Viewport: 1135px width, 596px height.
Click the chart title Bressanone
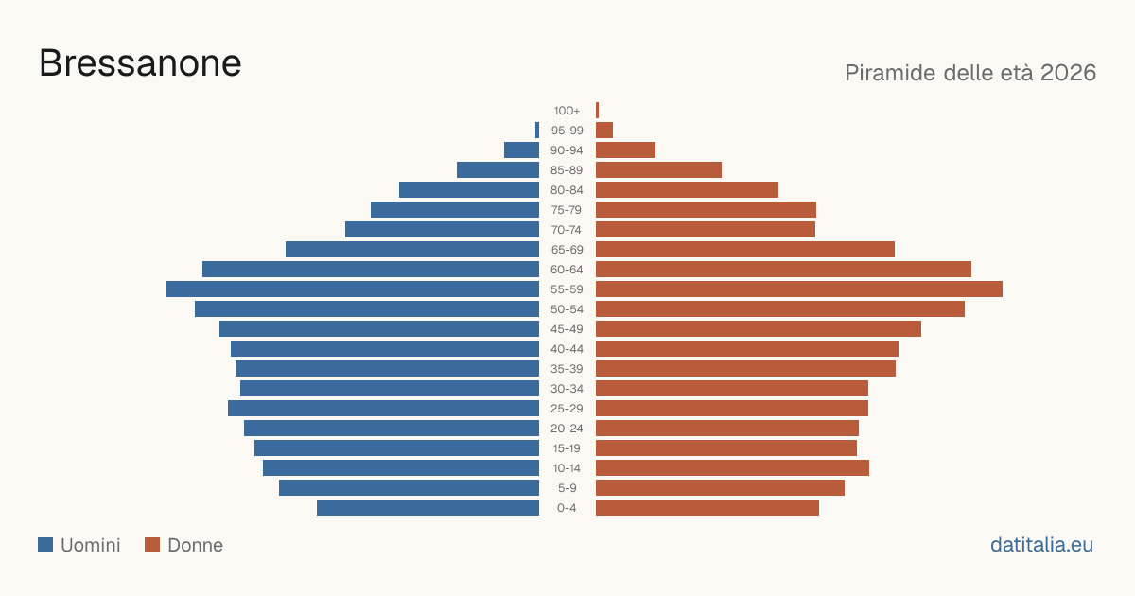coord(140,63)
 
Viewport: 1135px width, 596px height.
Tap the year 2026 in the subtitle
coord(1068,73)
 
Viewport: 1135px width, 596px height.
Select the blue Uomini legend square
coord(45,545)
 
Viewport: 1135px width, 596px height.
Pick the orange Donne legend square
coord(152,545)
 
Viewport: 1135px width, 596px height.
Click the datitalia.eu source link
coord(1041,545)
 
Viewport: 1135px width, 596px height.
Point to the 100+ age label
coord(567,111)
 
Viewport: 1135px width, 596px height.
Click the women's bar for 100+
coord(598,110)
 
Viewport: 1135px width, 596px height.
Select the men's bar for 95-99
coord(537,131)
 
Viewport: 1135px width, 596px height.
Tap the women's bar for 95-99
coord(604,131)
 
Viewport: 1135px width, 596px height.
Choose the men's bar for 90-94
coord(521,150)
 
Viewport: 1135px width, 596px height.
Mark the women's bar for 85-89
coord(658,169)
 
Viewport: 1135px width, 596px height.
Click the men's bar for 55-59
coord(353,289)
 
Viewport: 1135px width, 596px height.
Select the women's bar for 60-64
coord(783,269)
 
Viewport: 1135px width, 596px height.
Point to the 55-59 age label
coord(567,289)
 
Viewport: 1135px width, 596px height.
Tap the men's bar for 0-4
coord(428,508)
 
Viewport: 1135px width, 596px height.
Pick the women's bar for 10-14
coord(732,467)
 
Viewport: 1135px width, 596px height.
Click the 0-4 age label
coord(567,508)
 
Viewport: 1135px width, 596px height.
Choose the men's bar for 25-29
coord(384,409)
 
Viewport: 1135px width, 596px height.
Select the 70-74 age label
coord(567,230)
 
